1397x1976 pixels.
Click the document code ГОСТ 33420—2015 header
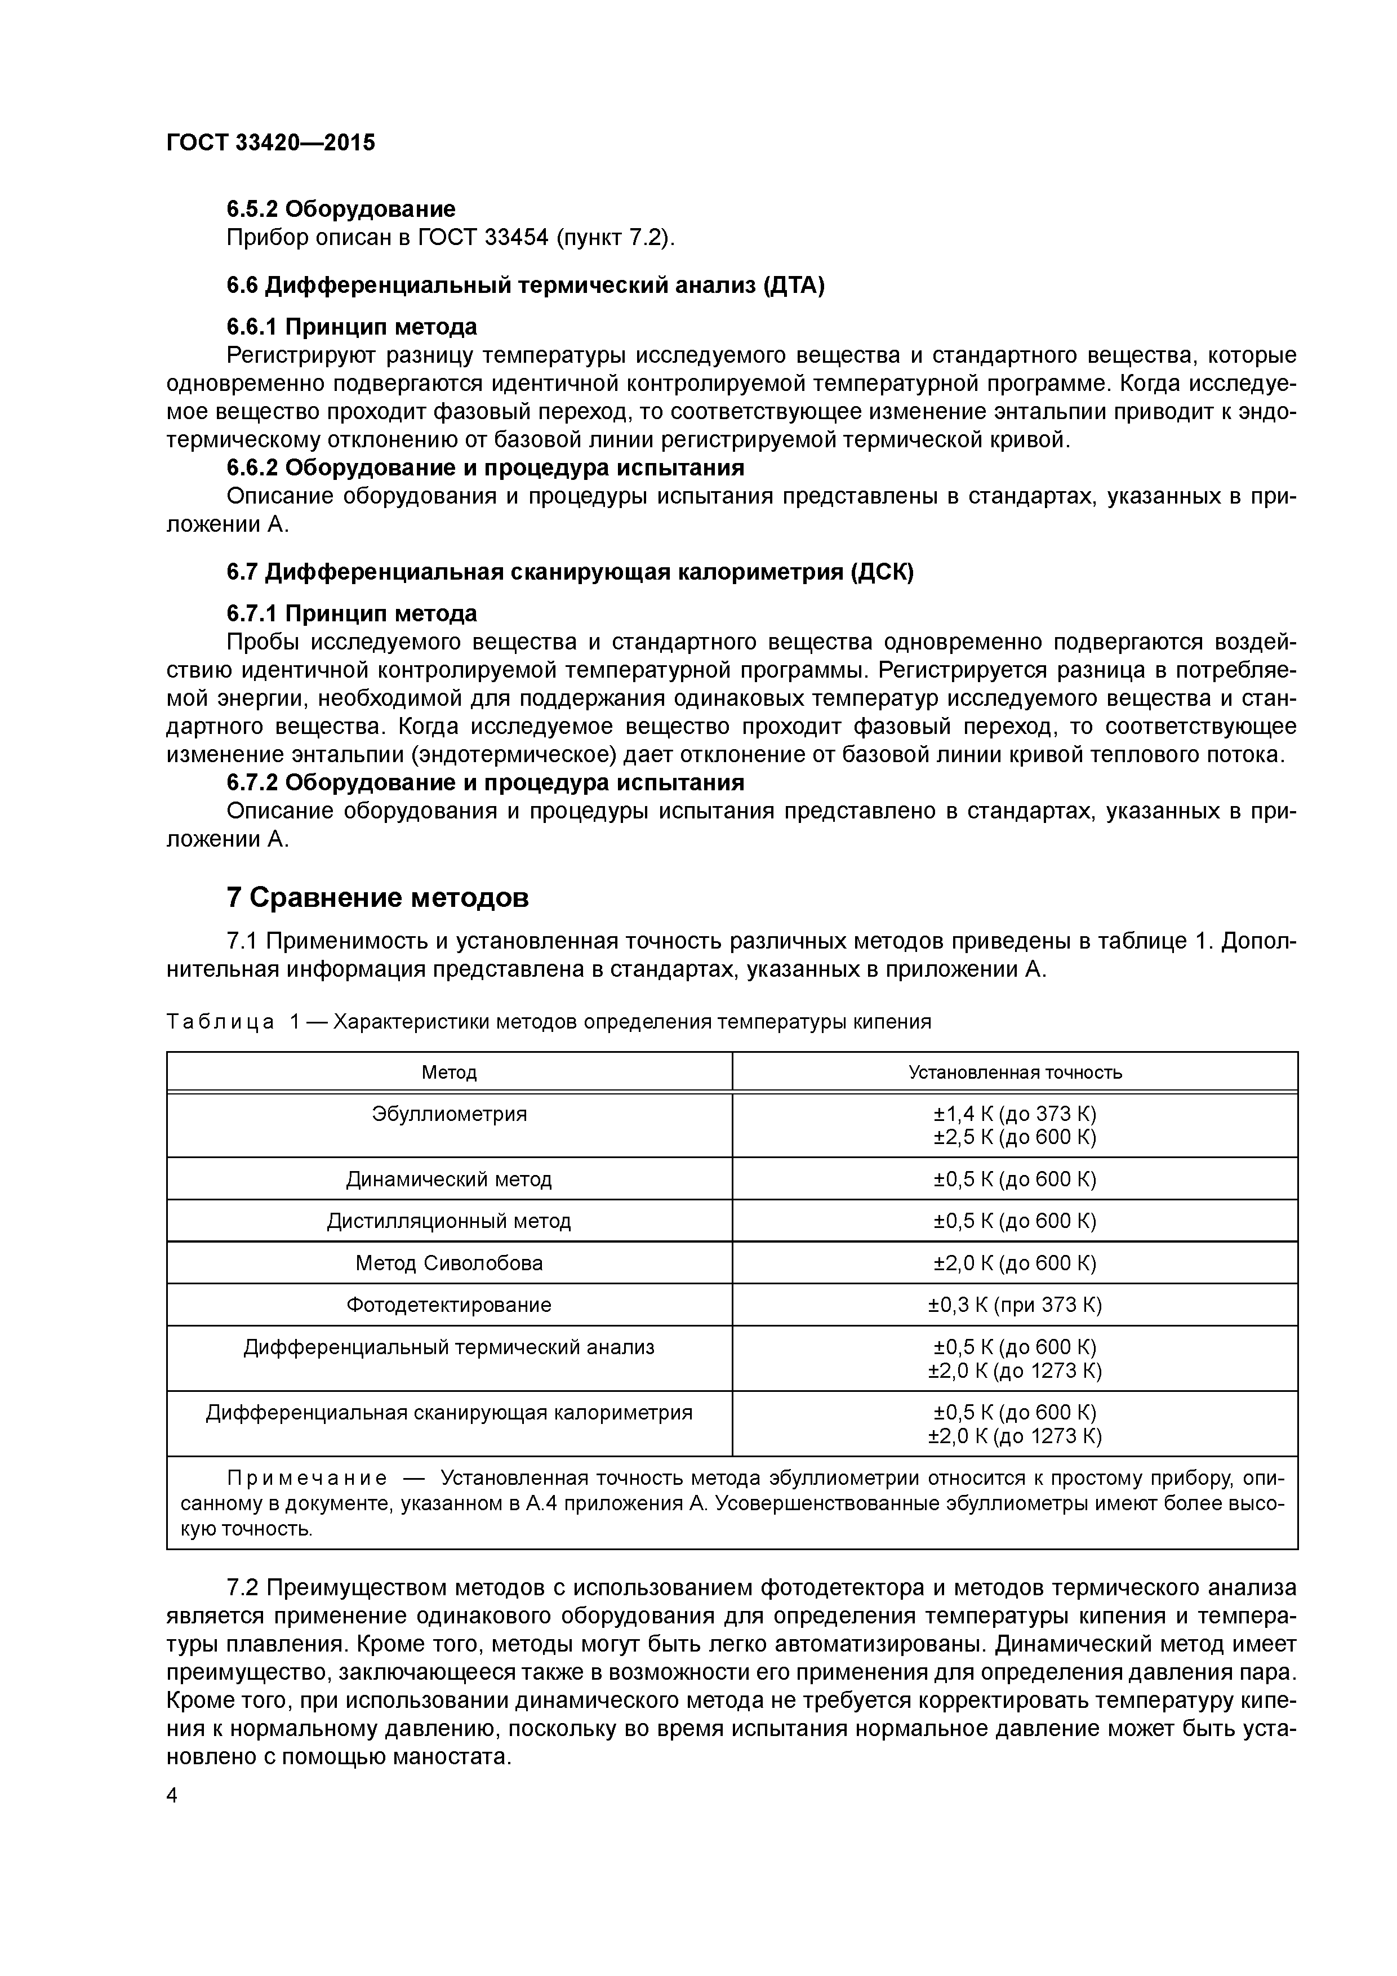point(270,142)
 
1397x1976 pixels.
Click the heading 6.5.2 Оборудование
point(341,208)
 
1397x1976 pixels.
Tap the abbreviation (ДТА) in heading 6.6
point(793,285)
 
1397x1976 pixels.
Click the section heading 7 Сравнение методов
point(377,898)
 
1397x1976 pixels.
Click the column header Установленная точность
point(1015,1072)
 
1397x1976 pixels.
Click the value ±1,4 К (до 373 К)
point(1015,1114)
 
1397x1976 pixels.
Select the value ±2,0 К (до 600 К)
point(1015,1262)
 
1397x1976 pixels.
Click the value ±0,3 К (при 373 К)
point(1015,1305)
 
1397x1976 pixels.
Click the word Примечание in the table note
point(306,1479)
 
